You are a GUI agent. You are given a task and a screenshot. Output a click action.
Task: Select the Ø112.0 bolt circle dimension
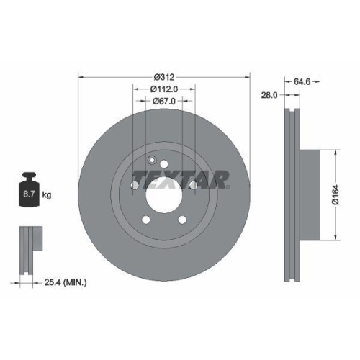[x=163, y=89]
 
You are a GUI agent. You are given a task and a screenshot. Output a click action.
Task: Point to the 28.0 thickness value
[x=269, y=95]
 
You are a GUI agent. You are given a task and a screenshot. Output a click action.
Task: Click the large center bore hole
[x=164, y=195]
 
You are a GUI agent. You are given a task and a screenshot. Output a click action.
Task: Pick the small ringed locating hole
[x=152, y=161]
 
